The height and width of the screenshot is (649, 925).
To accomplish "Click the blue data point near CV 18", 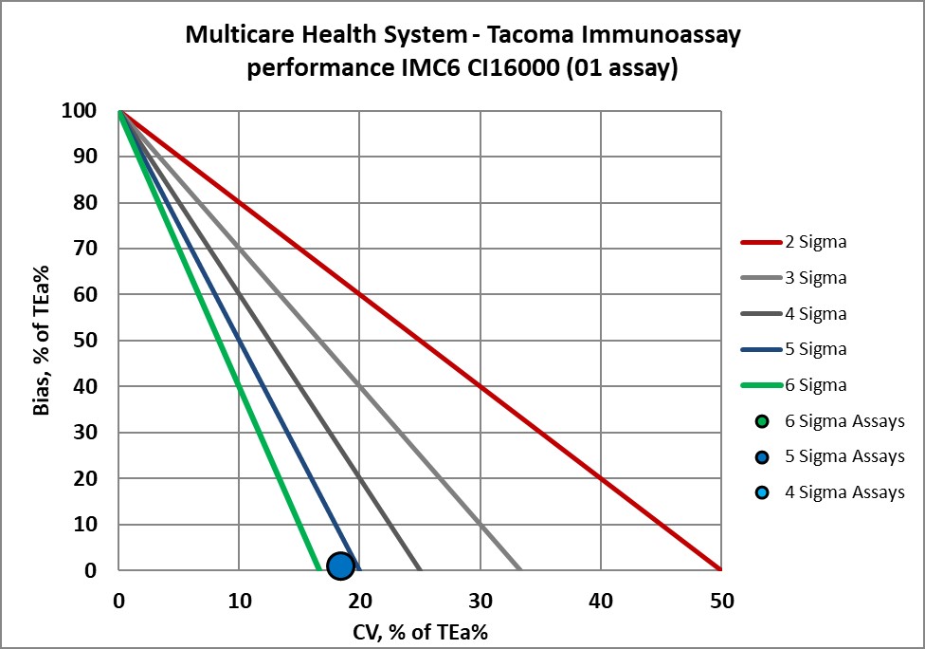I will (x=340, y=566).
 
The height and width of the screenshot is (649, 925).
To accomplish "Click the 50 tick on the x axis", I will (x=721, y=600).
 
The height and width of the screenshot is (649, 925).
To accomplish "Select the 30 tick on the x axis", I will (x=481, y=600).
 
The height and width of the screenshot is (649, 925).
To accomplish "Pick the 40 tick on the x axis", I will (x=601, y=600).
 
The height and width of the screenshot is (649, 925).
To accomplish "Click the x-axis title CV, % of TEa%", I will (x=419, y=630).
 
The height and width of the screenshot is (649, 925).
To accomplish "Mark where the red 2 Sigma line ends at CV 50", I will (x=720, y=569).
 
